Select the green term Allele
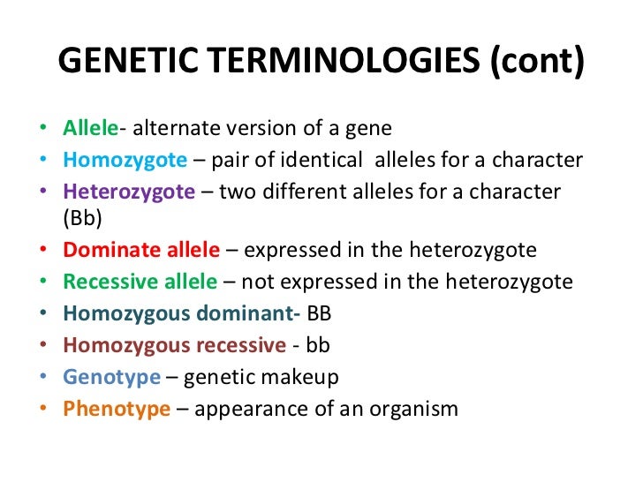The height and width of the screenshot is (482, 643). pos(90,129)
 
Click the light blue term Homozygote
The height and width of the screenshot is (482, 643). pos(125,161)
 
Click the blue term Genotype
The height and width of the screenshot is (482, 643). pos(111,378)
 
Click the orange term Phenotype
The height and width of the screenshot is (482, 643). pos(116,410)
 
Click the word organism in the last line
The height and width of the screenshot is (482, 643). pos(416,410)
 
